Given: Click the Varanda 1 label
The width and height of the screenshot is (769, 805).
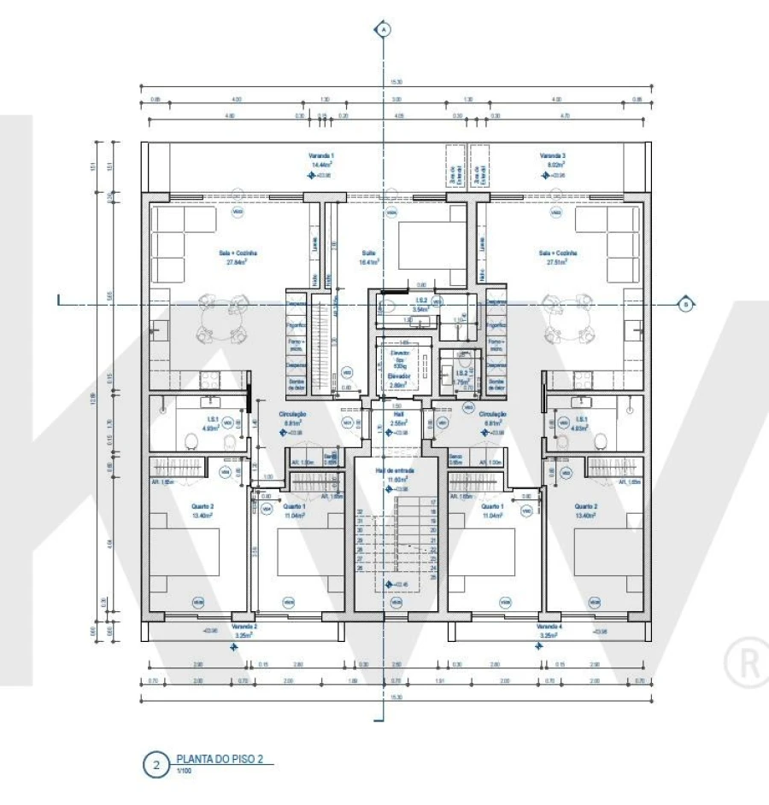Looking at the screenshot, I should (321, 156).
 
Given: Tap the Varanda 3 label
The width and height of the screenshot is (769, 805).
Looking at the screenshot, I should (553, 156).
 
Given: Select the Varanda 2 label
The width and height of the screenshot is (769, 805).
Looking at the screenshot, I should (244, 627).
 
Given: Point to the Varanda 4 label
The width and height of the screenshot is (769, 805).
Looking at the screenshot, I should (549, 627).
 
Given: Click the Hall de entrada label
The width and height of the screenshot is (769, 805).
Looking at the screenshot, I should (396, 470).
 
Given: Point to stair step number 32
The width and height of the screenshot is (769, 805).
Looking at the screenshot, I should (361, 512).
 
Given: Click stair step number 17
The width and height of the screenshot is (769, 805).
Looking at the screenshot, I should (433, 503).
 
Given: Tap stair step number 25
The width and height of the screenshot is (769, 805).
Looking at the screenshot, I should (433, 578).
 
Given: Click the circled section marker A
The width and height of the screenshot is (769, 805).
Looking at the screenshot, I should (384, 30).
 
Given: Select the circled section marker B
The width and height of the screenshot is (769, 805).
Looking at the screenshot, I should (684, 304).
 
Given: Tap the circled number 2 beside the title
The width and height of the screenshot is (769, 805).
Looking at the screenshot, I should (156, 765).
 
